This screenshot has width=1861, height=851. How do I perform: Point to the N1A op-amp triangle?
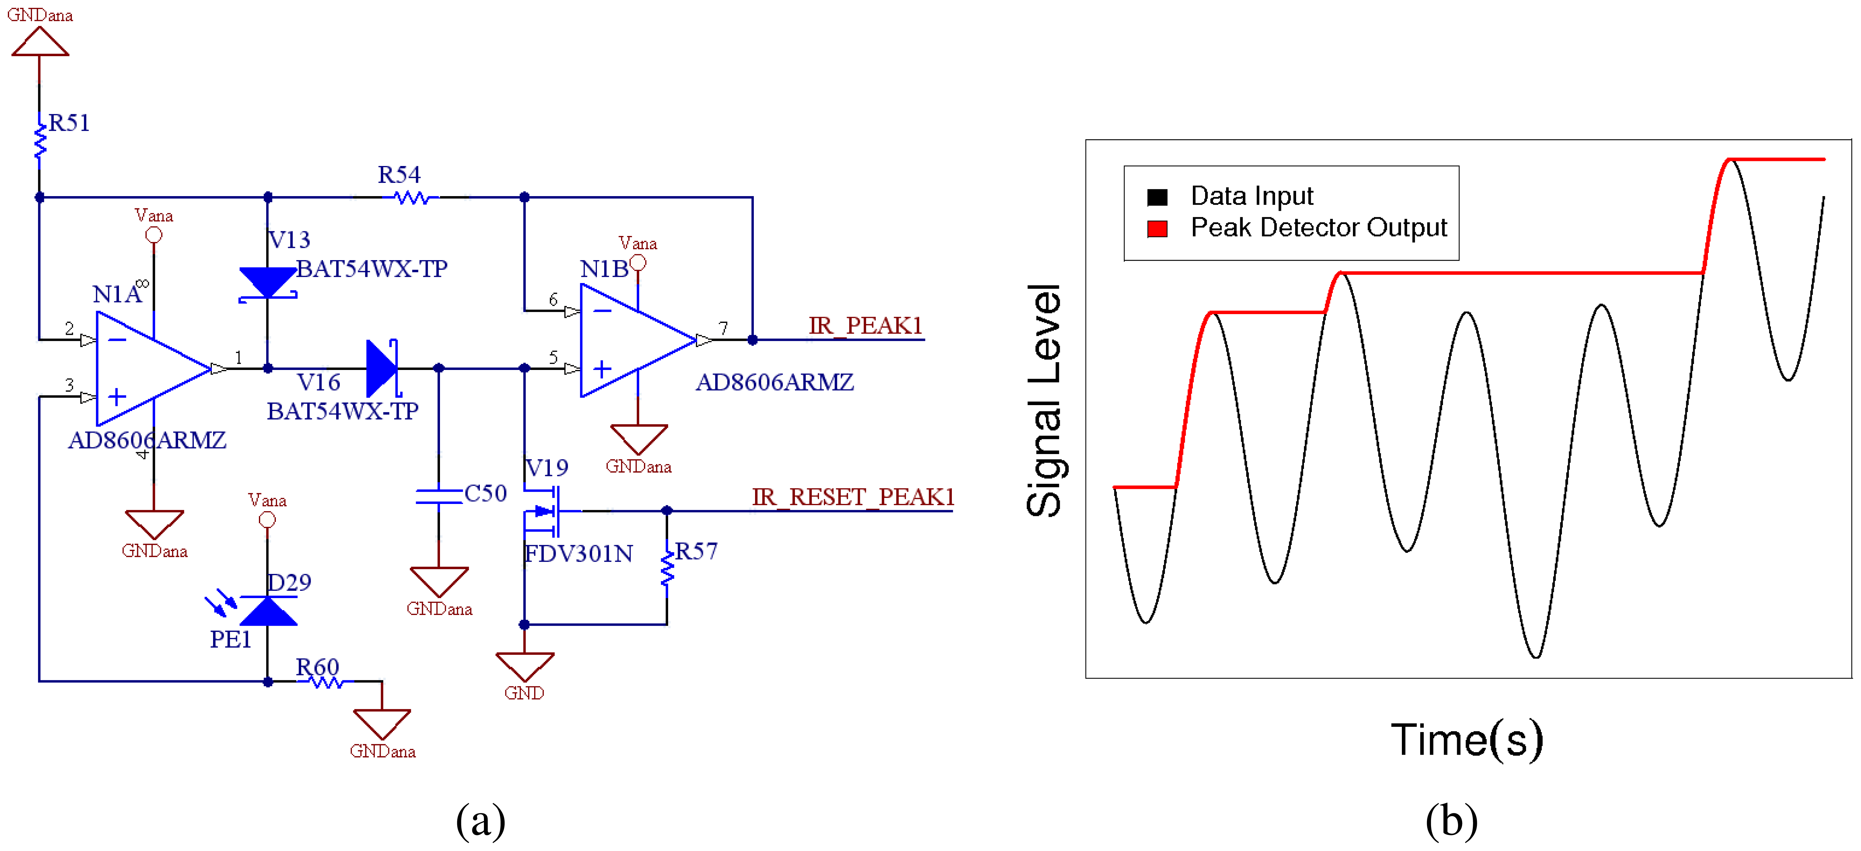click(148, 368)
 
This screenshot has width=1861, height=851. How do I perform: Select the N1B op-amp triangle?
click(632, 340)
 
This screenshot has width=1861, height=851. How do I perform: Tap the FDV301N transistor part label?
click(578, 553)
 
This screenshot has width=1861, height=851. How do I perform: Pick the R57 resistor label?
click(696, 551)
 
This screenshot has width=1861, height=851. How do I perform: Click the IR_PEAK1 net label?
click(865, 326)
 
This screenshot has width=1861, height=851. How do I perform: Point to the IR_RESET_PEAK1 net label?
click(852, 497)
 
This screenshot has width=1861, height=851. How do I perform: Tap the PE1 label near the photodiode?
click(230, 639)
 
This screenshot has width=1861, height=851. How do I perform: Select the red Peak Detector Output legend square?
click(1157, 229)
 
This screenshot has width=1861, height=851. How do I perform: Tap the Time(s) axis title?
click(1467, 740)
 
